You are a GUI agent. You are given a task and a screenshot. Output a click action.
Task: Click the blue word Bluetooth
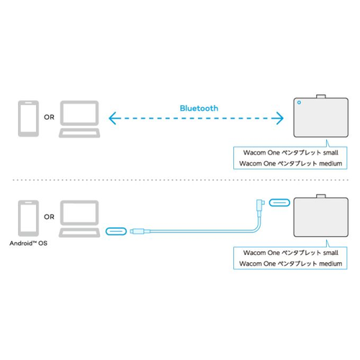coord(199,108)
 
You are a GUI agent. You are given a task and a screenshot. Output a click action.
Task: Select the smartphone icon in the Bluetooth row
coord(28,119)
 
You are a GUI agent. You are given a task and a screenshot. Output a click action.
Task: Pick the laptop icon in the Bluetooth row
coord(79,119)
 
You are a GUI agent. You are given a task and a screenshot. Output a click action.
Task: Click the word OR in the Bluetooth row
coord(49,117)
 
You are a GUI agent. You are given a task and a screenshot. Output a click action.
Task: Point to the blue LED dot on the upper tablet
coord(299,102)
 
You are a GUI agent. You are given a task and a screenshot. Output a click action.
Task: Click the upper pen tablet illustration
coord(321,117)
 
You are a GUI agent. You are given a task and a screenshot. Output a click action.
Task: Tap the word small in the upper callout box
coord(330,153)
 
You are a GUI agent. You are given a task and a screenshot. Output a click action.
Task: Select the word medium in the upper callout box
coord(330,163)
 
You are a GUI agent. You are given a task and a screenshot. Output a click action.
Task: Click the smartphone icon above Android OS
coord(28,218)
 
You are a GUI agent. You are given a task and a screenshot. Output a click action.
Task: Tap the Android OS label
coord(28,243)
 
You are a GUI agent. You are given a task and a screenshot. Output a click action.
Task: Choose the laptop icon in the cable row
coord(79,219)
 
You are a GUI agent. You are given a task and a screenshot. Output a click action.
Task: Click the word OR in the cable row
coord(49,217)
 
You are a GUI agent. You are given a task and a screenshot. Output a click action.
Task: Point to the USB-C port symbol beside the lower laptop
coord(116,231)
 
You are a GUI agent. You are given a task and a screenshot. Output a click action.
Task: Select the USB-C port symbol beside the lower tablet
coord(279,203)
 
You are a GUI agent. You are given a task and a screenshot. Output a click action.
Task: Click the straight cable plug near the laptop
coord(140,231)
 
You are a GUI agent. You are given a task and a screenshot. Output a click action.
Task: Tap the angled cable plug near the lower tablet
coord(260,204)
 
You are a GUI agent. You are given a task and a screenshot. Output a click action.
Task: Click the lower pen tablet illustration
coord(321,216)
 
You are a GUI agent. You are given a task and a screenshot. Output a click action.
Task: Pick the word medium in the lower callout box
coord(330,264)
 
